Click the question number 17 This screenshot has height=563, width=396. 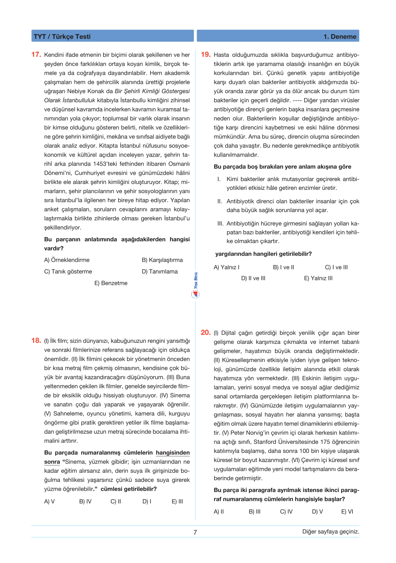point(36,55)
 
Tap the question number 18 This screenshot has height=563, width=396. point(36,341)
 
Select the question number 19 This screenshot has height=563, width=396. point(206,55)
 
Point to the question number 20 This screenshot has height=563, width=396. point(206,332)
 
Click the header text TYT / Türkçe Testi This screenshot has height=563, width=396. point(62,36)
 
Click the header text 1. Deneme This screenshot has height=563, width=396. point(340,36)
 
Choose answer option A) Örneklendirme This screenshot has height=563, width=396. point(67,260)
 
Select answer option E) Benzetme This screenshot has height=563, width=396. point(111,283)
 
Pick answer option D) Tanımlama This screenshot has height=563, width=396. point(160,272)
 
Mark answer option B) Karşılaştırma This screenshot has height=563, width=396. point(162,260)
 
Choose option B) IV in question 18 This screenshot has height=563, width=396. point(85,501)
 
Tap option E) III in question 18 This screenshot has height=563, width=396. point(177,501)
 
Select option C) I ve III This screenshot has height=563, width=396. point(336,267)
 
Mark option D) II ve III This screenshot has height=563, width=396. point(253,278)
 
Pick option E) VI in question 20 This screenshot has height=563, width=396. point(347,512)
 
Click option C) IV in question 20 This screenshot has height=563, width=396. point(286,512)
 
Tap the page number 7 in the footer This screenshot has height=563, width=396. point(195,532)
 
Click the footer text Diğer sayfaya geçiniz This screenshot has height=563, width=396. point(331,532)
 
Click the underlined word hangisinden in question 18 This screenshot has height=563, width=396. point(173,453)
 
